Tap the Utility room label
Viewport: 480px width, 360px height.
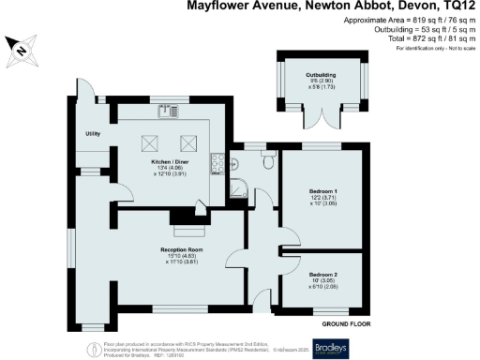click(92, 133)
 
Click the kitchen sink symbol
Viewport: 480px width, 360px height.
click(171, 111)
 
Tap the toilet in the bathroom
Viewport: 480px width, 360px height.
click(269, 161)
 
